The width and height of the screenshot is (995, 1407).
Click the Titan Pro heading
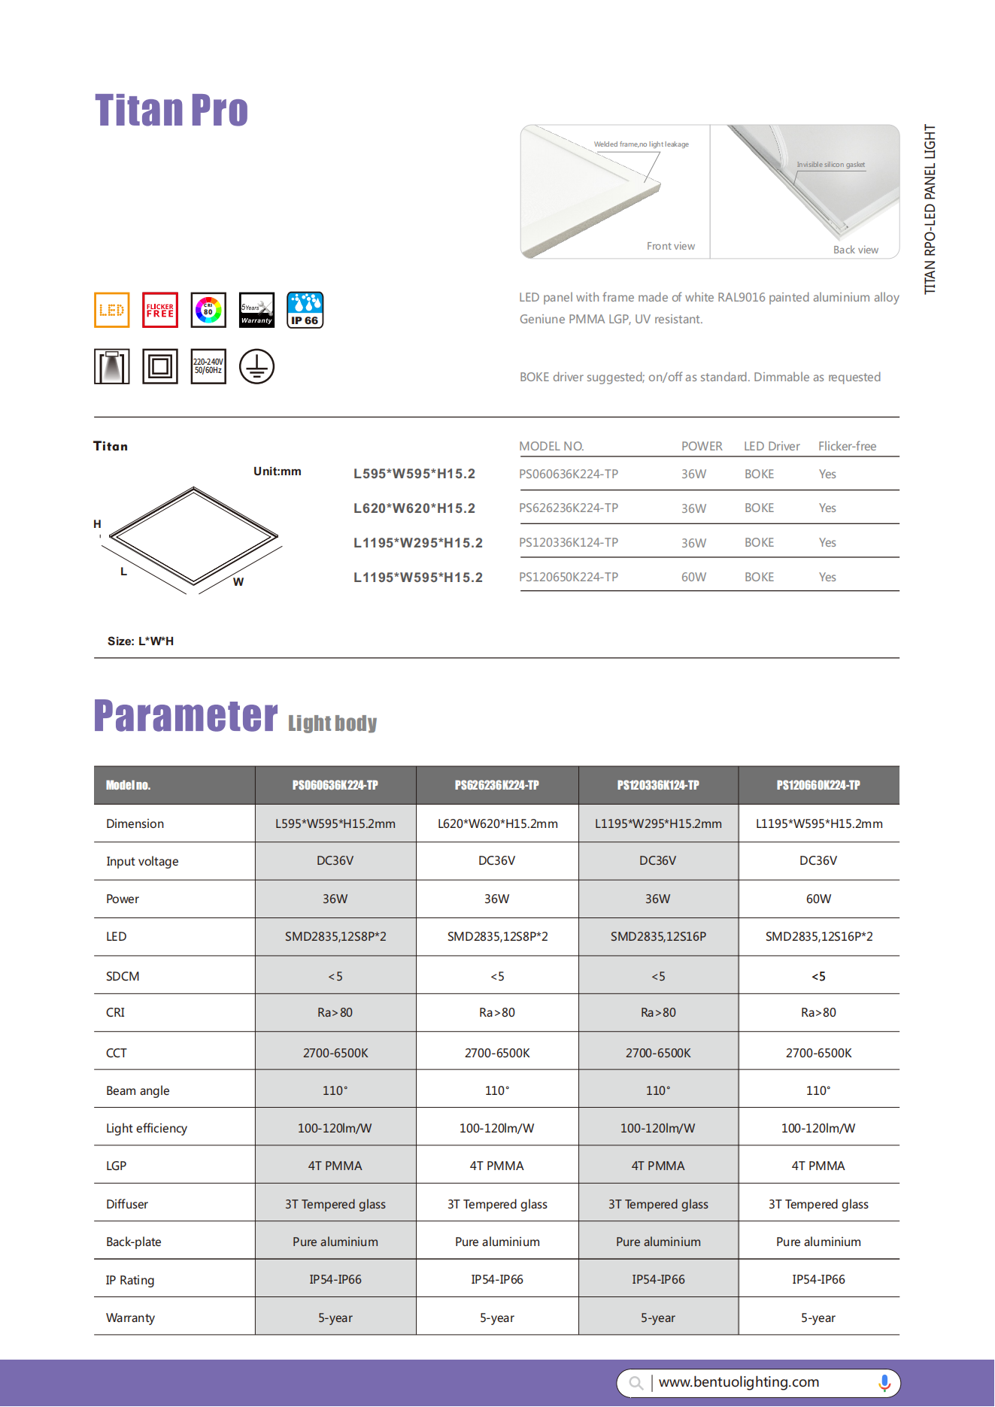pyautogui.click(x=171, y=111)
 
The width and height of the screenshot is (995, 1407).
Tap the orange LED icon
pyautogui.click(x=112, y=310)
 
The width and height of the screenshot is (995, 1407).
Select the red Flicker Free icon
pyautogui.click(x=160, y=310)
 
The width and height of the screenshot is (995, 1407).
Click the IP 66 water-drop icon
pyautogui.click(x=305, y=310)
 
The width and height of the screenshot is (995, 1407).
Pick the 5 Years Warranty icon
pyautogui.click(x=256, y=310)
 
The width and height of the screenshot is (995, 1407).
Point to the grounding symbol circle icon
pyautogui.click(x=256, y=367)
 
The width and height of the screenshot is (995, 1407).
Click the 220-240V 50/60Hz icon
pyautogui.click(x=208, y=367)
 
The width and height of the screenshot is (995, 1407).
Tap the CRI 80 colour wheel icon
pyautogui.click(x=208, y=310)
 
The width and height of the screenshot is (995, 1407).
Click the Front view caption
pyautogui.click(x=670, y=246)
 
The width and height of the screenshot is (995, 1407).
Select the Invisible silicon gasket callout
pyautogui.click(x=830, y=165)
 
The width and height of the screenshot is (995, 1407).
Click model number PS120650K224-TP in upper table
pyautogui.click(x=569, y=577)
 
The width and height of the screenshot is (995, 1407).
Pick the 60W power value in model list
pyautogui.click(x=693, y=577)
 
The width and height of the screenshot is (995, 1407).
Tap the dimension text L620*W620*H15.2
pyautogui.click(x=414, y=508)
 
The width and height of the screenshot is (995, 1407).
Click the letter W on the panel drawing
pyautogui.click(x=238, y=582)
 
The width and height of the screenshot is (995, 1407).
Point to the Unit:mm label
pyautogui.click(x=277, y=472)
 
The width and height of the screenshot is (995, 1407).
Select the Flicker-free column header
pyautogui.click(x=847, y=446)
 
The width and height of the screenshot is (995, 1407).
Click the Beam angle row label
pyautogui.click(x=138, y=1090)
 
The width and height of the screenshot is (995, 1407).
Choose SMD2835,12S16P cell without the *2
pyautogui.click(x=658, y=936)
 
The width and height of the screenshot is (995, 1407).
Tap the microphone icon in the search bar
pyautogui.click(x=884, y=1382)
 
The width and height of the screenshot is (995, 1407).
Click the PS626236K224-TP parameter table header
pyautogui.click(x=496, y=785)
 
